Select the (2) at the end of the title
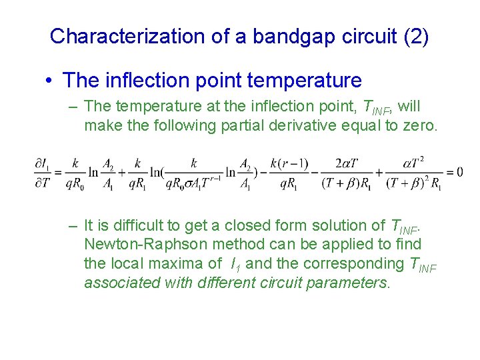tap(416, 35)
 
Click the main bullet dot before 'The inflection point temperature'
tap(50, 81)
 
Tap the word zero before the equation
tap(417, 125)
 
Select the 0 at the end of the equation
tap(459, 173)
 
